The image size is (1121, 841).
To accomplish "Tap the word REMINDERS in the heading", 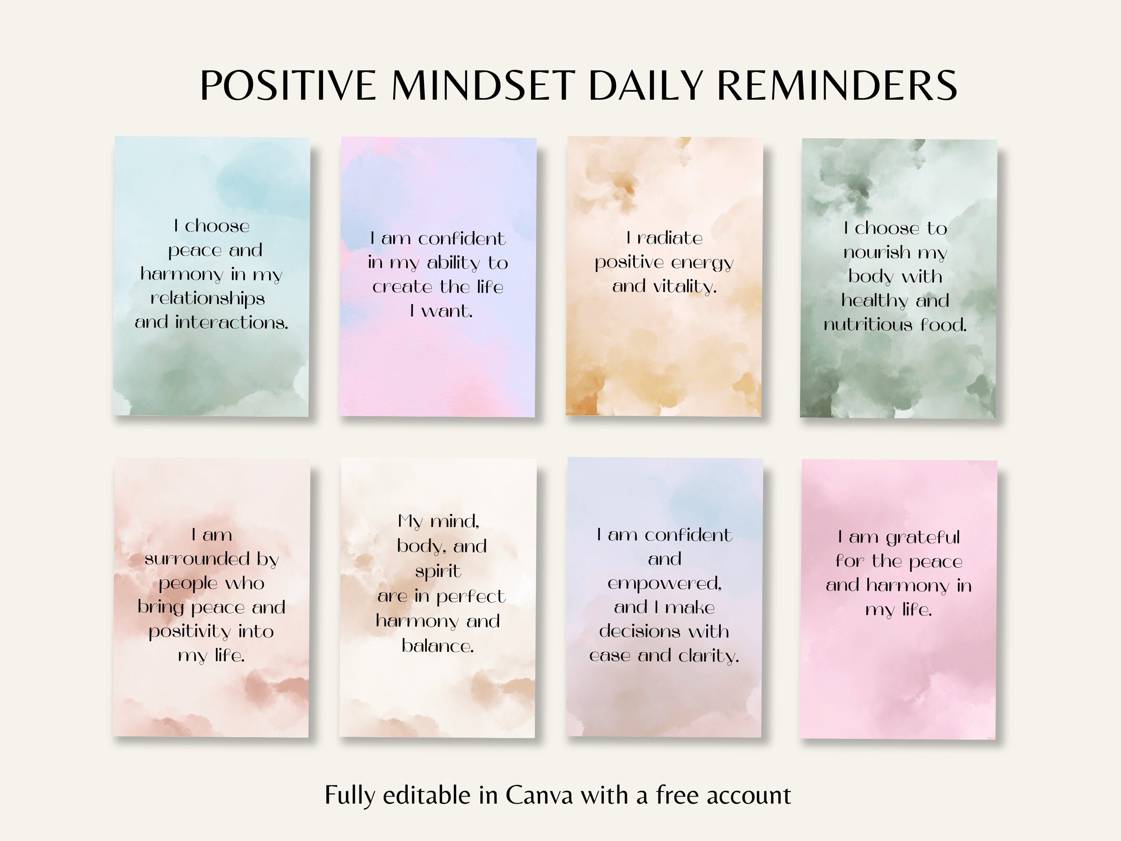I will pyautogui.click(x=837, y=85).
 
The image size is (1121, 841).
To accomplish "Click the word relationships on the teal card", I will pyautogui.click(x=208, y=298).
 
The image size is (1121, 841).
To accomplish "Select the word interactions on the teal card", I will pyautogui.click(x=231, y=322).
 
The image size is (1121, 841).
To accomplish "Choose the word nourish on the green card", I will pyautogui.click(x=877, y=252).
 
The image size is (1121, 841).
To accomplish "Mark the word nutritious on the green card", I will pyautogui.click(x=868, y=324).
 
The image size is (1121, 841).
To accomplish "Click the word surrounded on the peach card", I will pyautogui.click(x=197, y=559).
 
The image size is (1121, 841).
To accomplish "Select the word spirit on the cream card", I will pyautogui.click(x=438, y=571).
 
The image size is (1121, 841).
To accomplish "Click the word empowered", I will pyautogui.click(x=664, y=584).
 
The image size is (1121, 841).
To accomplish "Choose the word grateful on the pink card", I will pyautogui.click(x=923, y=537).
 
